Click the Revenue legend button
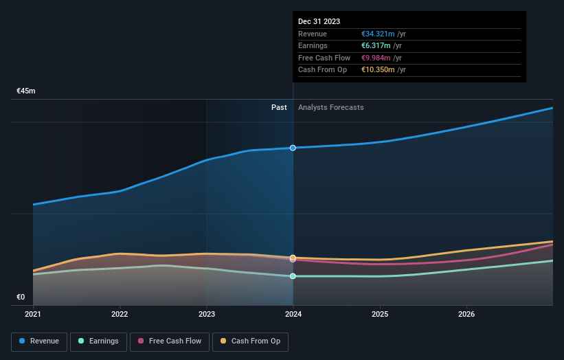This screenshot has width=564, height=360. tap(40, 341)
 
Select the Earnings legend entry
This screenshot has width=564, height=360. tap(98, 341)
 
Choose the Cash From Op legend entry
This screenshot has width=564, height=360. tap(250, 341)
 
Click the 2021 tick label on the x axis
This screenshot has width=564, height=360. tap(33, 315)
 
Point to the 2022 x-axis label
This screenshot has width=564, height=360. tap(120, 315)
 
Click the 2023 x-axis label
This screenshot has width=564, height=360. tap(206, 315)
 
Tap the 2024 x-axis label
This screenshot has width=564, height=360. tap(293, 315)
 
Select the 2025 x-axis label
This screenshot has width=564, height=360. tap(380, 315)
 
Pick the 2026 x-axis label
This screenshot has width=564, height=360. tap(466, 315)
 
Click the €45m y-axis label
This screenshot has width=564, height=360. tap(26, 91)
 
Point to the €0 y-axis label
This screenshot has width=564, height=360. tap(21, 297)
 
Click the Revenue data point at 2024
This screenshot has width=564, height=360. tap(293, 148)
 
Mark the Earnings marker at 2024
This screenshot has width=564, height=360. tap(293, 276)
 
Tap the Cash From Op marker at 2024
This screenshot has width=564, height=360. tap(293, 258)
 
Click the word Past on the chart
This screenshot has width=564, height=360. tap(279, 107)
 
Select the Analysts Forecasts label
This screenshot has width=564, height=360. tap(330, 107)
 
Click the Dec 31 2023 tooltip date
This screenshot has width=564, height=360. tap(319, 22)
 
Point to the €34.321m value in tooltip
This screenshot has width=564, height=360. tap(376, 34)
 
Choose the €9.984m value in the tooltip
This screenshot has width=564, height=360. tap(376, 58)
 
